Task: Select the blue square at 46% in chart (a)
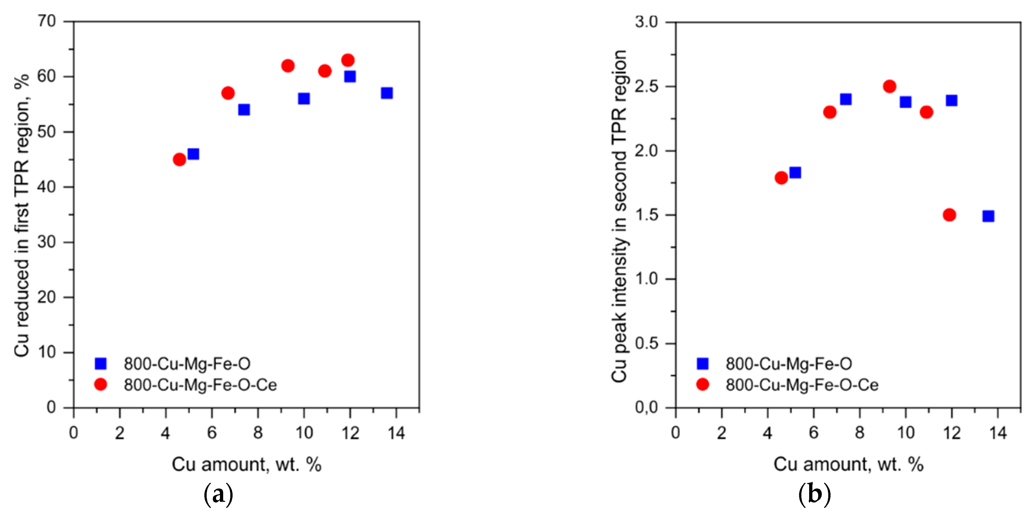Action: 193,154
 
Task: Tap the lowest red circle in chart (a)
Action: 179,159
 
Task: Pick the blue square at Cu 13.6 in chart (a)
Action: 387,93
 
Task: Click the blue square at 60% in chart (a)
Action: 350,76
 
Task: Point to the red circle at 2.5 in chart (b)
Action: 889,86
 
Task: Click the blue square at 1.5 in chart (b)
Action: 988,216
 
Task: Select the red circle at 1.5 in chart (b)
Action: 949,215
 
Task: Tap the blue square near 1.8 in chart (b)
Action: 795,172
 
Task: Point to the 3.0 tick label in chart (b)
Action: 647,22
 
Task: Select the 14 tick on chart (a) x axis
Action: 396,433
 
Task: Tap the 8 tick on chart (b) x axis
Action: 859,433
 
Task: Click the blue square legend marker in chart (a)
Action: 100,363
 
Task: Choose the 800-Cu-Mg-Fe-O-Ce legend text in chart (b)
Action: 802,385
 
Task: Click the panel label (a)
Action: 218,494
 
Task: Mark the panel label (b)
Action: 814,494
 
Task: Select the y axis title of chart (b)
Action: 620,216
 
